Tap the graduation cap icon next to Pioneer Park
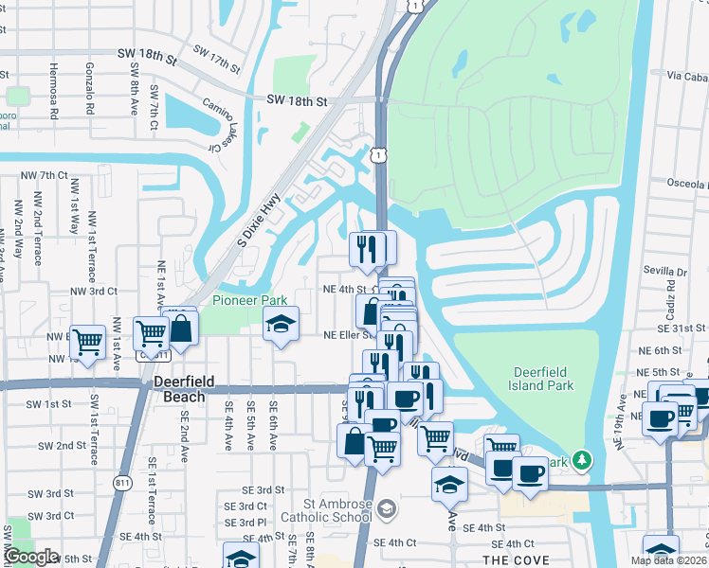(281, 324)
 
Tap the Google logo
(30, 557)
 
